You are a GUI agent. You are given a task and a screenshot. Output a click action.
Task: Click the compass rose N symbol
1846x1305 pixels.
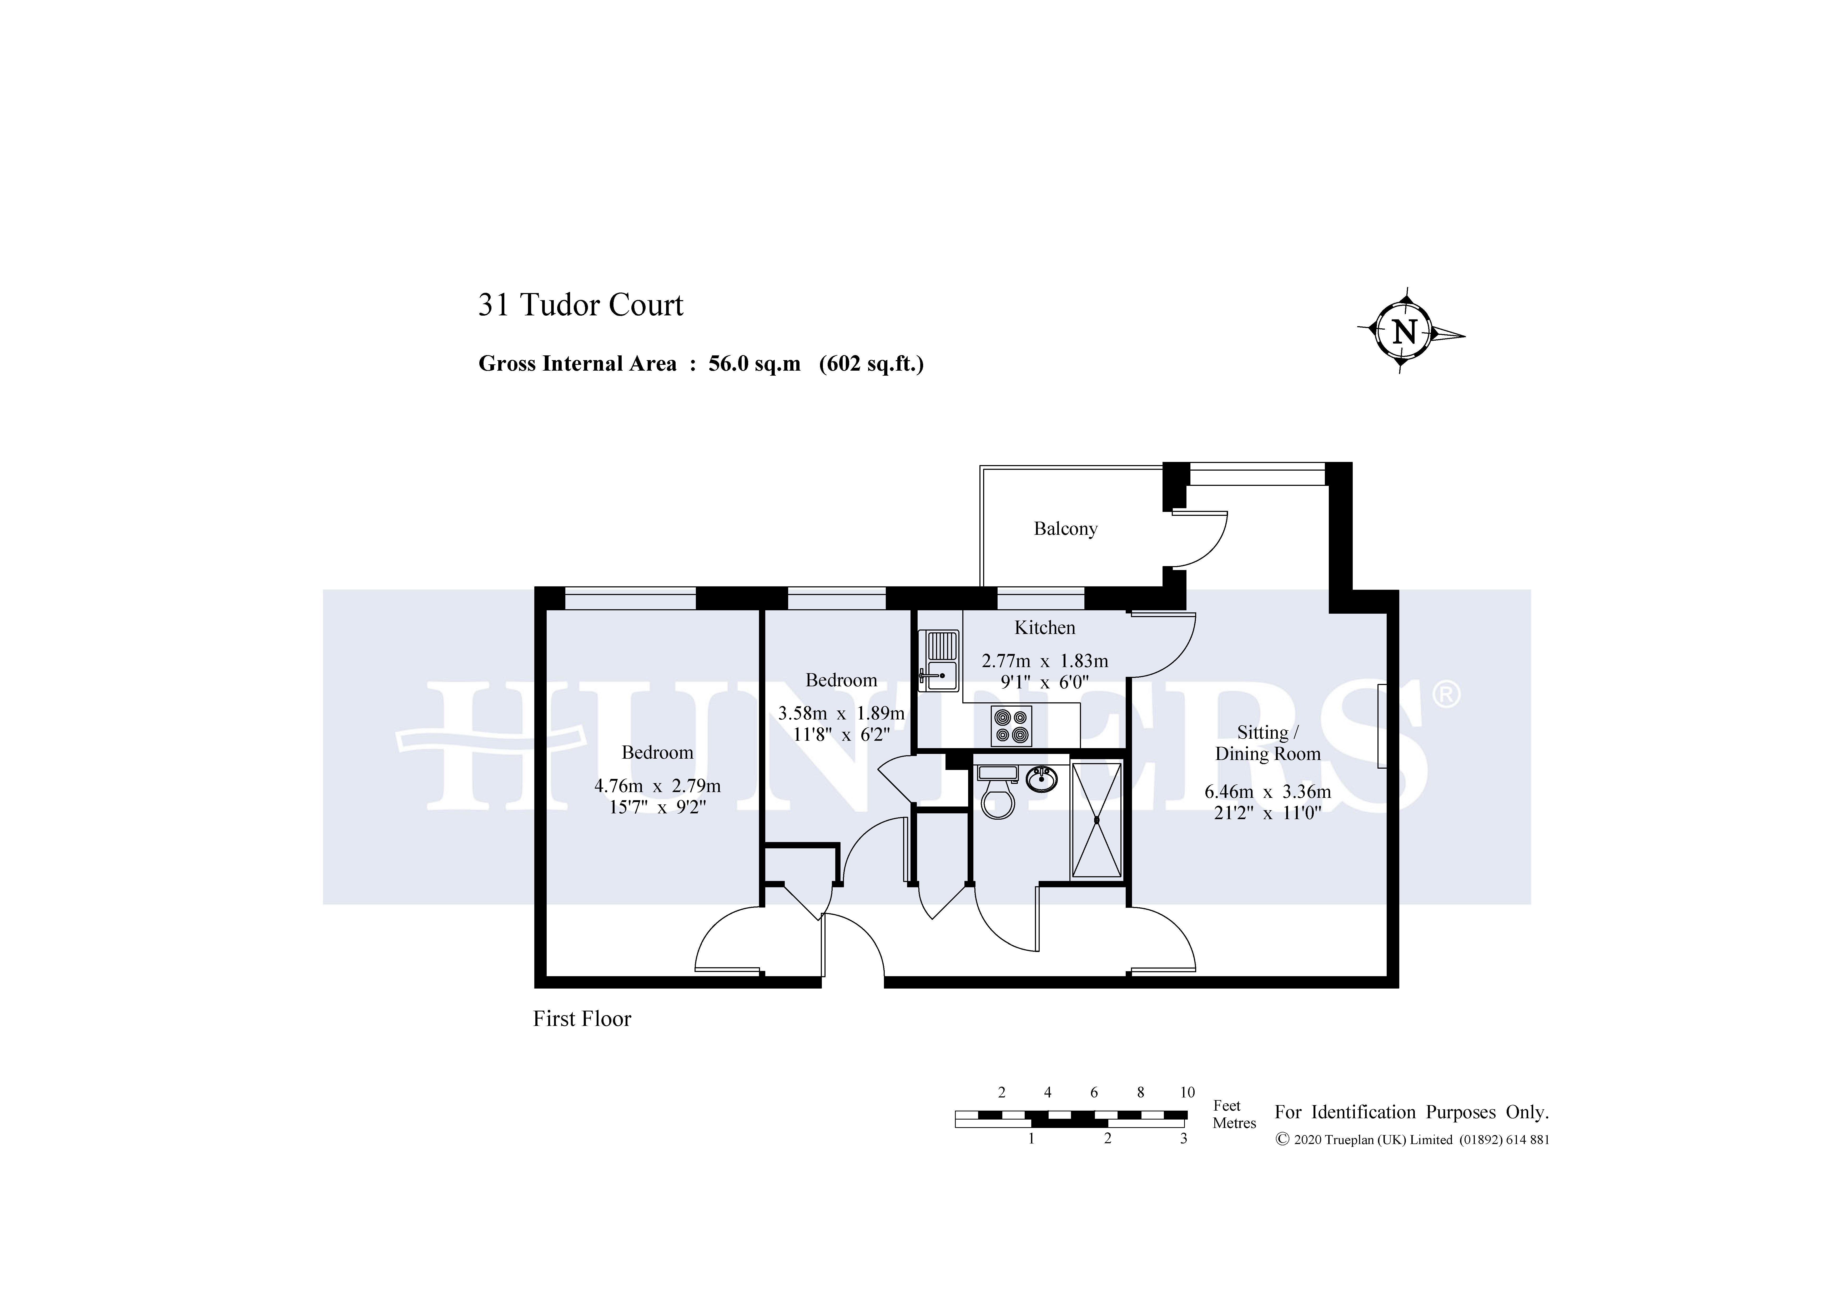(x=1404, y=331)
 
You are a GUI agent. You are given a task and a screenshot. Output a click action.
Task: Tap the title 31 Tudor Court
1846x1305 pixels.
(x=581, y=305)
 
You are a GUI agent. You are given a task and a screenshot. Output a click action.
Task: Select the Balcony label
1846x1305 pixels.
(x=1065, y=528)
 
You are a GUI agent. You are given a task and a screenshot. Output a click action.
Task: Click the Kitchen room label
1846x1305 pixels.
(x=1044, y=627)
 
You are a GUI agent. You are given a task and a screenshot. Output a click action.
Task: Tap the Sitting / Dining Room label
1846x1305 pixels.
(x=1267, y=743)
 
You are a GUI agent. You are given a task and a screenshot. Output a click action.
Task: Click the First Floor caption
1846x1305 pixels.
(x=582, y=1019)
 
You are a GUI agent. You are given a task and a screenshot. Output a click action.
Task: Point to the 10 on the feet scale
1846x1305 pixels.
(x=1187, y=1092)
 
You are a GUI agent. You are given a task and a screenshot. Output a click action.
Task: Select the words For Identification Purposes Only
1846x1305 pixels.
(x=1411, y=1112)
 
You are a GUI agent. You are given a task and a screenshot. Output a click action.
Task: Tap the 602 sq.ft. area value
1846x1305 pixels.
(x=872, y=364)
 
